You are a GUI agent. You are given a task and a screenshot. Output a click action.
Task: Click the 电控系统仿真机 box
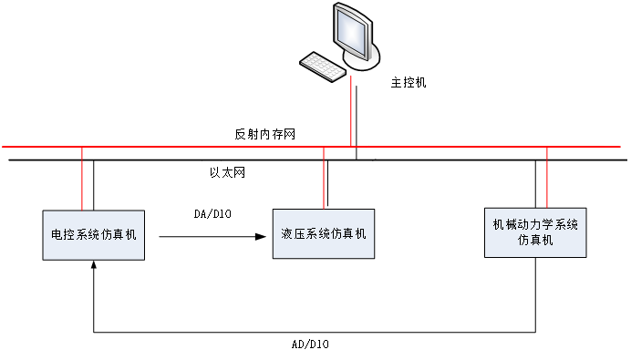pyautogui.click(x=94, y=234)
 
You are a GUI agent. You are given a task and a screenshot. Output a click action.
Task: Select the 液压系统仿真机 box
pyautogui.click(x=323, y=234)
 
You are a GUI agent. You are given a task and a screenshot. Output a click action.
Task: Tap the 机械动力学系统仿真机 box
pyautogui.click(x=535, y=231)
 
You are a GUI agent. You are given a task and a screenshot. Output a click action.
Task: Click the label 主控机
pyautogui.click(x=408, y=82)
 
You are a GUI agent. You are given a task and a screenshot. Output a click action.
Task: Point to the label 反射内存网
pyautogui.click(x=264, y=134)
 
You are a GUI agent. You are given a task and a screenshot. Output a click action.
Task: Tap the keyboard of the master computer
pyautogui.click(x=323, y=65)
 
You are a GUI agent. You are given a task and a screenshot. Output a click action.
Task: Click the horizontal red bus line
pyautogui.click(x=182, y=147)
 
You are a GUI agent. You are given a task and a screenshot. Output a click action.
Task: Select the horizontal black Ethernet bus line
pyautogui.click(x=182, y=160)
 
